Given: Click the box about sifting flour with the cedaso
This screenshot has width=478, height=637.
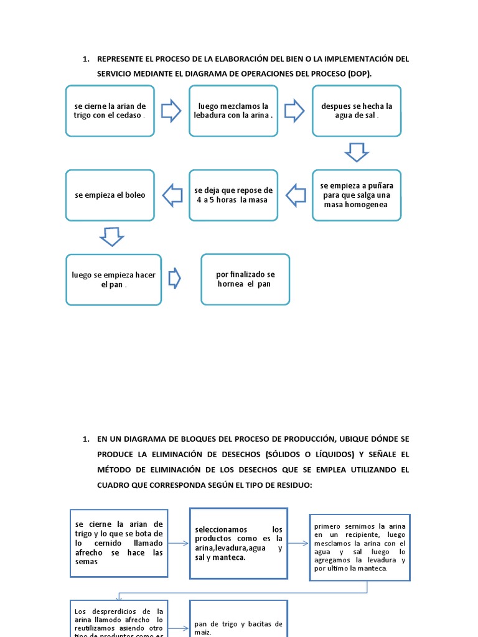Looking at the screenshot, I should [110, 111].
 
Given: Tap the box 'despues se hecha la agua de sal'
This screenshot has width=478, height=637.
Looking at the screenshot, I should [357, 111].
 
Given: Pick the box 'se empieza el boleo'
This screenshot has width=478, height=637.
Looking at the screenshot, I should [110, 195].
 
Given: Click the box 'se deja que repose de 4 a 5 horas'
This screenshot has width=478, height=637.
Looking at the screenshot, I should [233, 195].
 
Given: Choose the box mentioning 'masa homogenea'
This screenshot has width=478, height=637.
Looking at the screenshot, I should [357, 195].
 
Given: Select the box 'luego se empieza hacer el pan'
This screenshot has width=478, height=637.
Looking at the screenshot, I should [113, 279].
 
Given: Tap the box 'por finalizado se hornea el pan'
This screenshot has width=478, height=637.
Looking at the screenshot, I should [245, 279].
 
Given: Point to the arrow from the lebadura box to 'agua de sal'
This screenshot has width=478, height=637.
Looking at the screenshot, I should [294, 111].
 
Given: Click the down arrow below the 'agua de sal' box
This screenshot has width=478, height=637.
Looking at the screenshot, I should [357, 152].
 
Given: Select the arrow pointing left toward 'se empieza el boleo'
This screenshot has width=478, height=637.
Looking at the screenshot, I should [172, 195].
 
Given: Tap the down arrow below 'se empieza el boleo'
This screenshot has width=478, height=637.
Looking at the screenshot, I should [112, 236].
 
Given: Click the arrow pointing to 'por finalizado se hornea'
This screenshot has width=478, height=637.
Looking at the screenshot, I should [175, 278].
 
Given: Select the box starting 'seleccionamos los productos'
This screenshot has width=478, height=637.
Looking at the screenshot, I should [238, 543].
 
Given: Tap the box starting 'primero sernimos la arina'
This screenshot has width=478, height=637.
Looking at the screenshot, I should [360, 547].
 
